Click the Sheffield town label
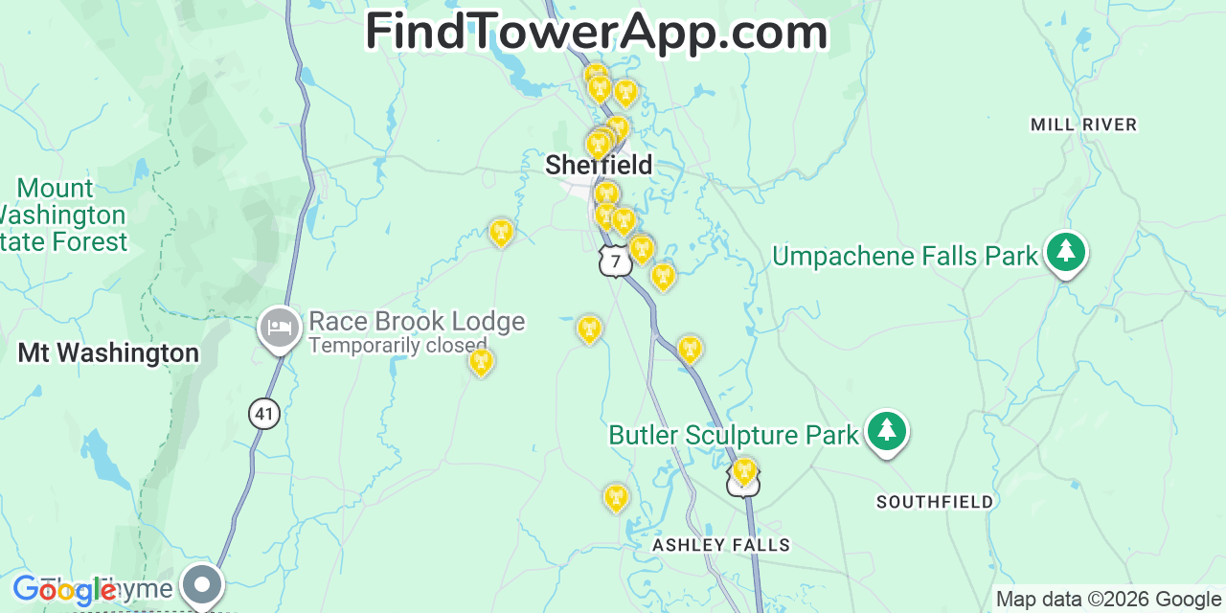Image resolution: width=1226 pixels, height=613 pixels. pyautogui.click(x=599, y=165)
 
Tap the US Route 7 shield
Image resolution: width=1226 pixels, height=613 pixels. pyautogui.click(x=615, y=261)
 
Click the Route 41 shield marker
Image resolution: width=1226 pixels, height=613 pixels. pyautogui.click(x=264, y=414)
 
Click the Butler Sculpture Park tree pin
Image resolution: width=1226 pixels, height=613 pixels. pyautogui.click(x=887, y=432)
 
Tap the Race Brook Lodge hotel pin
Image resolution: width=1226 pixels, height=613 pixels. pyautogui.click(x=279, y=328)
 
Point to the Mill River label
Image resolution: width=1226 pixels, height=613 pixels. pyautogui.click(x=1083, y=125)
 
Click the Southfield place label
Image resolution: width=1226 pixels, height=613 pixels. pyautogui.click(x=935, y=502)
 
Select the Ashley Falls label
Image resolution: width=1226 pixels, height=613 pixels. pyautogui.click(x=721, y=545)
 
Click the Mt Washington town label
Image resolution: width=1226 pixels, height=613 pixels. pyautogui.click(x=108, y=353)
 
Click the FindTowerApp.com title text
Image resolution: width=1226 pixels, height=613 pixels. pyautogui.click(x=596, y=32)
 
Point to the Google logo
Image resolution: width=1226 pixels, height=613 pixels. pyautogui.click(x=63, y=590)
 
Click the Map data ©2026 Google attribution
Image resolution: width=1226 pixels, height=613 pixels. pyautogui.click(x=1108, y=600)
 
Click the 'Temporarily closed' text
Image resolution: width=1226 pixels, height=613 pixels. pyautogui.click(x=397, y=345)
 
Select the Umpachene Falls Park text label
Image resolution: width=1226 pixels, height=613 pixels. pyautogui.click(x=905, y=256)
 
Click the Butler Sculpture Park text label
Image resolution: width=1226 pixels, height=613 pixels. pyautogui.click(x=734, y=436)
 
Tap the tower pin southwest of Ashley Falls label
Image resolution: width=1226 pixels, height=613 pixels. pyautogui.click(x=616, y=497)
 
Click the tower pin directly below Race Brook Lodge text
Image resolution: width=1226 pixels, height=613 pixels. pyautogui.click(x=481, y=361)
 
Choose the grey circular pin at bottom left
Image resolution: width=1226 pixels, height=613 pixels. pyautogui.click(x=202, y=583)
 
